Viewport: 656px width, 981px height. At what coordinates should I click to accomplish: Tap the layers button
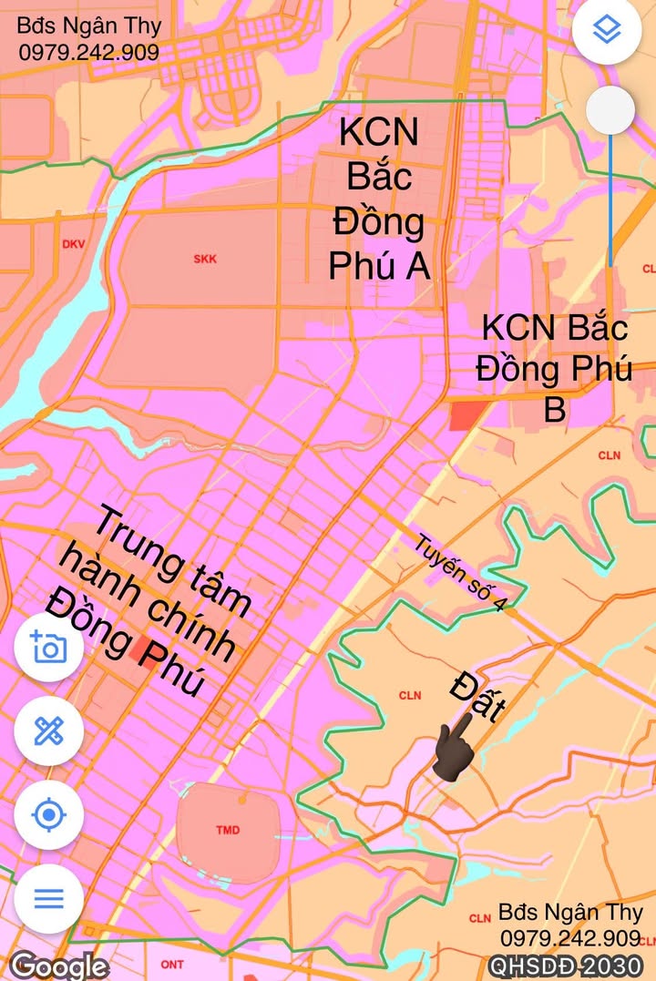coord(606,31)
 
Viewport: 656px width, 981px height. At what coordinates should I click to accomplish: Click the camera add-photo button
coord(49,648)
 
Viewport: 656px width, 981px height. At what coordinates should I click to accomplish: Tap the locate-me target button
coord(49,814)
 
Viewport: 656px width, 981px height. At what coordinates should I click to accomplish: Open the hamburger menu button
coord(49,898)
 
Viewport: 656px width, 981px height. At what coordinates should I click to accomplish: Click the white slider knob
coord(610,110)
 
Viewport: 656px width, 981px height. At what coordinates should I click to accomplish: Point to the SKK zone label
coord(205,259)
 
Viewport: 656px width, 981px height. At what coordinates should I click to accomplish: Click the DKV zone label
coord(73,244)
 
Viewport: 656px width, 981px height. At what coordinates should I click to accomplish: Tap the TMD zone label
coord(228,831)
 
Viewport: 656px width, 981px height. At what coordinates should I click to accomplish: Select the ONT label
coord(171,964)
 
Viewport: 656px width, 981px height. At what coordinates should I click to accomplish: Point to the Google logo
coord(59,965)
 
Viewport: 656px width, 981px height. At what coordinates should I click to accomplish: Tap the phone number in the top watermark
coord(89,52)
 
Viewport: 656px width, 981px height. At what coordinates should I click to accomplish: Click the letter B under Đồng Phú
coord(555,410)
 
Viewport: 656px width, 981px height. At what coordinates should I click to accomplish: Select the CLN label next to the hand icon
coord(410,695)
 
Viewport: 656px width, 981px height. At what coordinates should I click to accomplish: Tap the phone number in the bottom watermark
coord(570,938)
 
